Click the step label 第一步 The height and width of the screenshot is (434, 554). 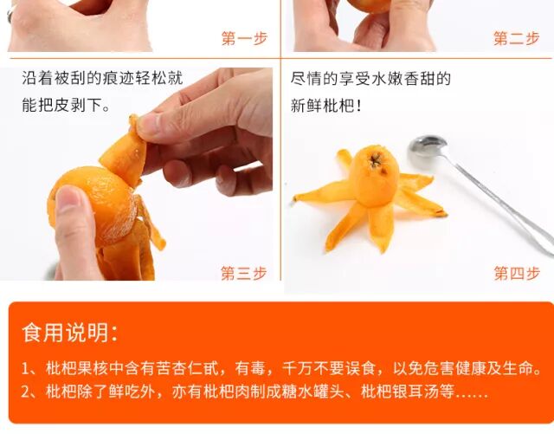coord(244,38)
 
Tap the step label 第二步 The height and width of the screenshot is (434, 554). coord(516,38)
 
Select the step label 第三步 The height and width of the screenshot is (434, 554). coord(244,273)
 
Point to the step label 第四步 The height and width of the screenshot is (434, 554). coord(517,273)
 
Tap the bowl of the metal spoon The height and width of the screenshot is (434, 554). coord(428,147)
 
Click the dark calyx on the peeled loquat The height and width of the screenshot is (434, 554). coord(376,161)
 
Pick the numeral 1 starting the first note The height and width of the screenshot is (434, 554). coord(25,369)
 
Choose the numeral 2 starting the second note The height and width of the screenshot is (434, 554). coord(25,392)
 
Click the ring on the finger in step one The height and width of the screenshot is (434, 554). coord(10,15)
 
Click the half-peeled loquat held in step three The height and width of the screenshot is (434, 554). coord(93,205)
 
